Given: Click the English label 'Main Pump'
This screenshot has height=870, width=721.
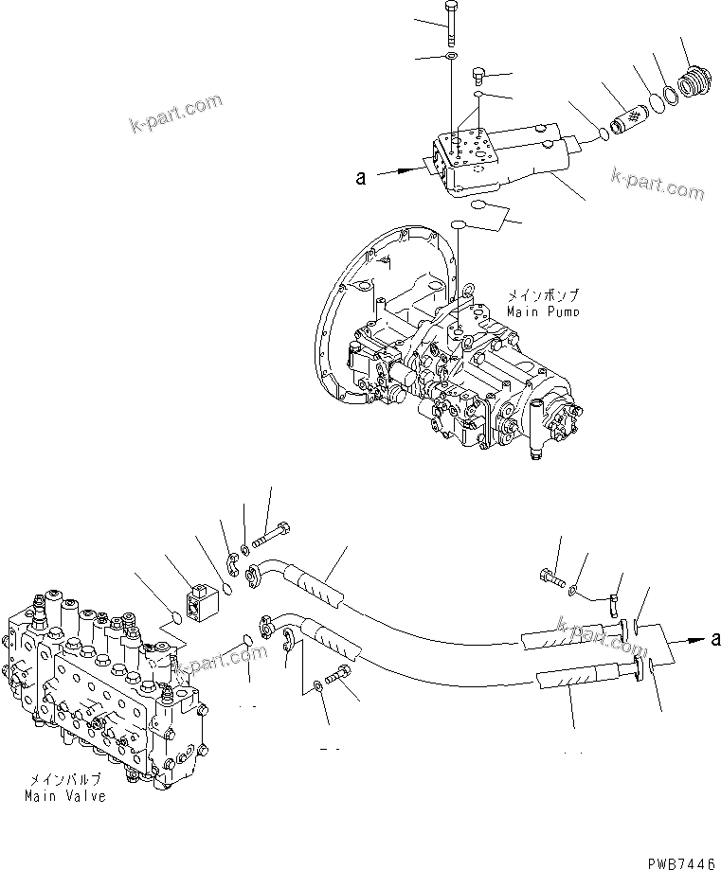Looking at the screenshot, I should [544, 311].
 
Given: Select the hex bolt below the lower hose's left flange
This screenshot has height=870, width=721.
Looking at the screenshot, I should [337, 679].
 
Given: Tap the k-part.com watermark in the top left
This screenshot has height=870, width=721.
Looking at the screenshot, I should [177, 112].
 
